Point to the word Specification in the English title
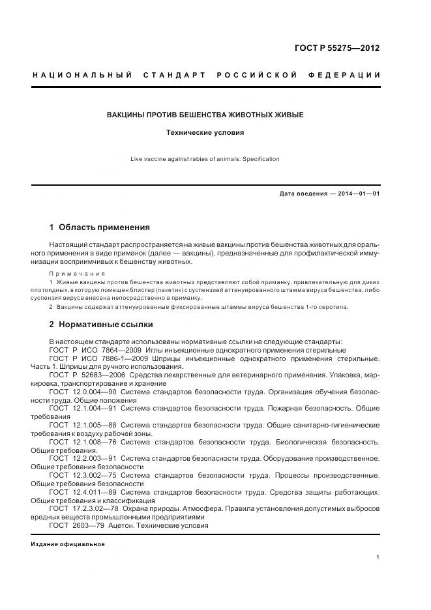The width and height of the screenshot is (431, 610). (261, 159)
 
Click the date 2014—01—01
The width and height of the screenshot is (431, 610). (358, 194)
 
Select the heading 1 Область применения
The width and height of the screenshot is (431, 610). (100, 227)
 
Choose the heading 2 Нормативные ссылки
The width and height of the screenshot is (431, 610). (101, 324)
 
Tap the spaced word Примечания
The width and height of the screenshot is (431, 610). (77, 273)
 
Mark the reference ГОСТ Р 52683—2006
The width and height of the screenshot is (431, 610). (84, 375)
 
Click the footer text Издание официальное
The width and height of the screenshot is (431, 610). (68, 544)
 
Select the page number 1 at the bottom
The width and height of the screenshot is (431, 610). (378, 557)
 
